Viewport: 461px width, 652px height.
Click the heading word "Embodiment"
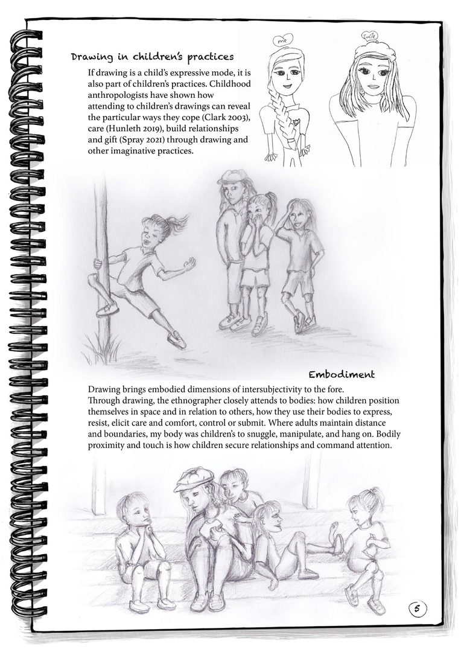(342, 375)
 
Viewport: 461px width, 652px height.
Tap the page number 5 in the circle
(417, 609)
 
